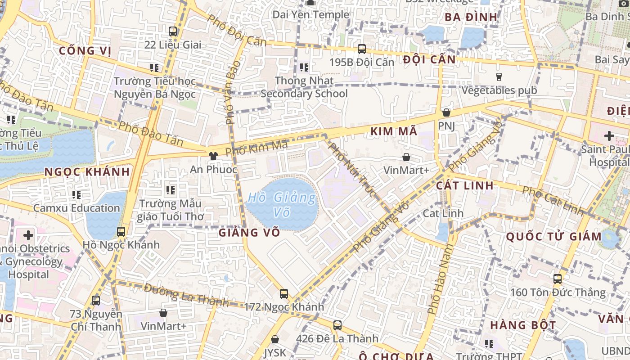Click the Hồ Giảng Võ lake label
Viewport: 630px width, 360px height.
point(282,204)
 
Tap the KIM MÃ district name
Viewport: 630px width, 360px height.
point(394,131)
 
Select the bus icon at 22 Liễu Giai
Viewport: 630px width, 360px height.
point(173,31)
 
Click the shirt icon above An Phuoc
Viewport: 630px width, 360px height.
point(213,156)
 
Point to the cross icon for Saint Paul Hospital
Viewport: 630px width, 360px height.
point(609,135)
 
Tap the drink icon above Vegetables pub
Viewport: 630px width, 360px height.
point(499,77)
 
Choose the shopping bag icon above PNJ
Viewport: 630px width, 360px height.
point(446,112)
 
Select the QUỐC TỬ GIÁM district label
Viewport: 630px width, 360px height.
point(553,237)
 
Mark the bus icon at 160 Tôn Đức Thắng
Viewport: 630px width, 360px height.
point(558,279)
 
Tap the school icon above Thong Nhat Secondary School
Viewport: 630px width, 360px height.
point(304,67)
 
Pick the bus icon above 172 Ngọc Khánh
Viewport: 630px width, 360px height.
point(284,294)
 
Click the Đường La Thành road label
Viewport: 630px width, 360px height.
point(186,294)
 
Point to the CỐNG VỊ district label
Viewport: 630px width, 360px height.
point(85,50)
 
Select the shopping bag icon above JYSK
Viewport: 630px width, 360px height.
point(275,339)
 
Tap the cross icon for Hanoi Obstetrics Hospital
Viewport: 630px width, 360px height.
point(28,235)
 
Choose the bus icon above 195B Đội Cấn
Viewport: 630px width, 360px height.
point(362,49)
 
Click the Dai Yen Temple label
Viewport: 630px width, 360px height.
point(310,14)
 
